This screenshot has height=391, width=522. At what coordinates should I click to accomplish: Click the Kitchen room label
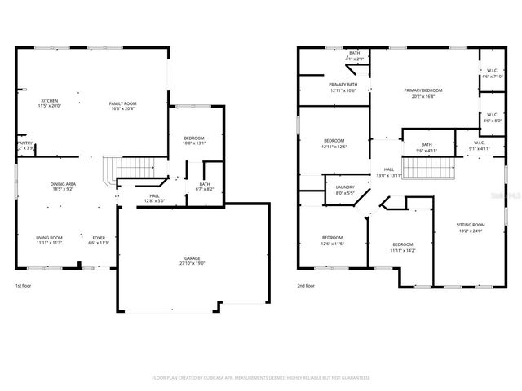tap(49, 101)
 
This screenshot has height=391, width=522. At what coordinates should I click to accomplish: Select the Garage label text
tap(192, 258)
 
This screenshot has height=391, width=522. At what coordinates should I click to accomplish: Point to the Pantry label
tap(24, 143)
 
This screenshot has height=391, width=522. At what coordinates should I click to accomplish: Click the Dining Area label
tap(64, 184)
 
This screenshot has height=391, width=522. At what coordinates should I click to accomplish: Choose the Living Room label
tap(49, 238)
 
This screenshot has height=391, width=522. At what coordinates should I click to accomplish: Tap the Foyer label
tap(98, 238)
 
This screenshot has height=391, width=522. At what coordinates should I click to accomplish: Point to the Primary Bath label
tap(343, 85)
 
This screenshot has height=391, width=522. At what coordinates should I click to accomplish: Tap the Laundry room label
tap(344, 188)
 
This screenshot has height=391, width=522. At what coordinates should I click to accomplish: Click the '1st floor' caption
tap(24, 286)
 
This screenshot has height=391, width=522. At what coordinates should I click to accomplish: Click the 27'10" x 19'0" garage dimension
tap(192, 264)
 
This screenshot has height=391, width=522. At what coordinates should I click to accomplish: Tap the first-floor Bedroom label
tap(194, 138)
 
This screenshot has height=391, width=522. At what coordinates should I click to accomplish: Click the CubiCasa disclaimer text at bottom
tap(261, 377)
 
